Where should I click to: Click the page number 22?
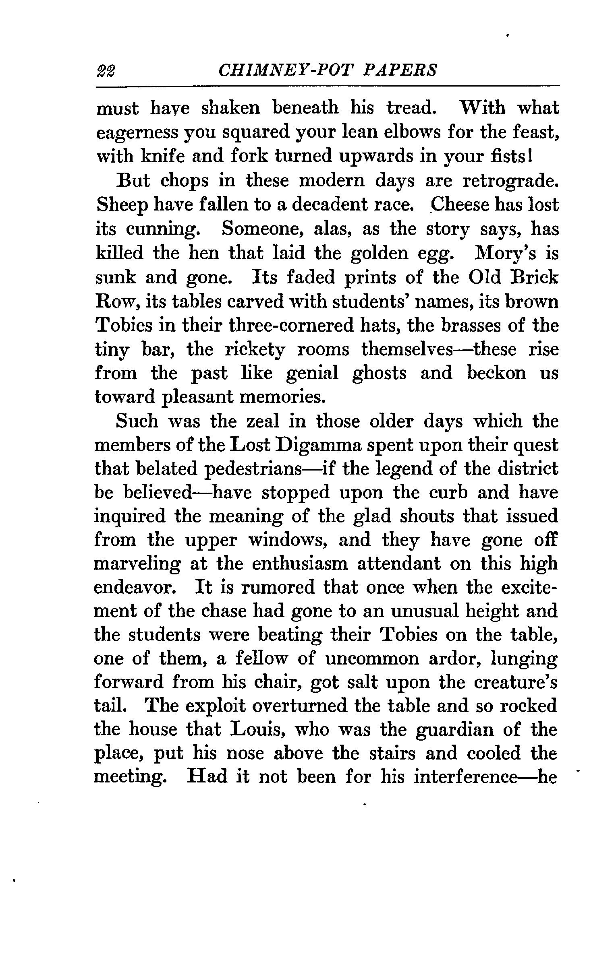106,71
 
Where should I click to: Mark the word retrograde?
510,181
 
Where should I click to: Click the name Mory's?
497,253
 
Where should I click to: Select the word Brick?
533,277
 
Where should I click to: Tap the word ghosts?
380,374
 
